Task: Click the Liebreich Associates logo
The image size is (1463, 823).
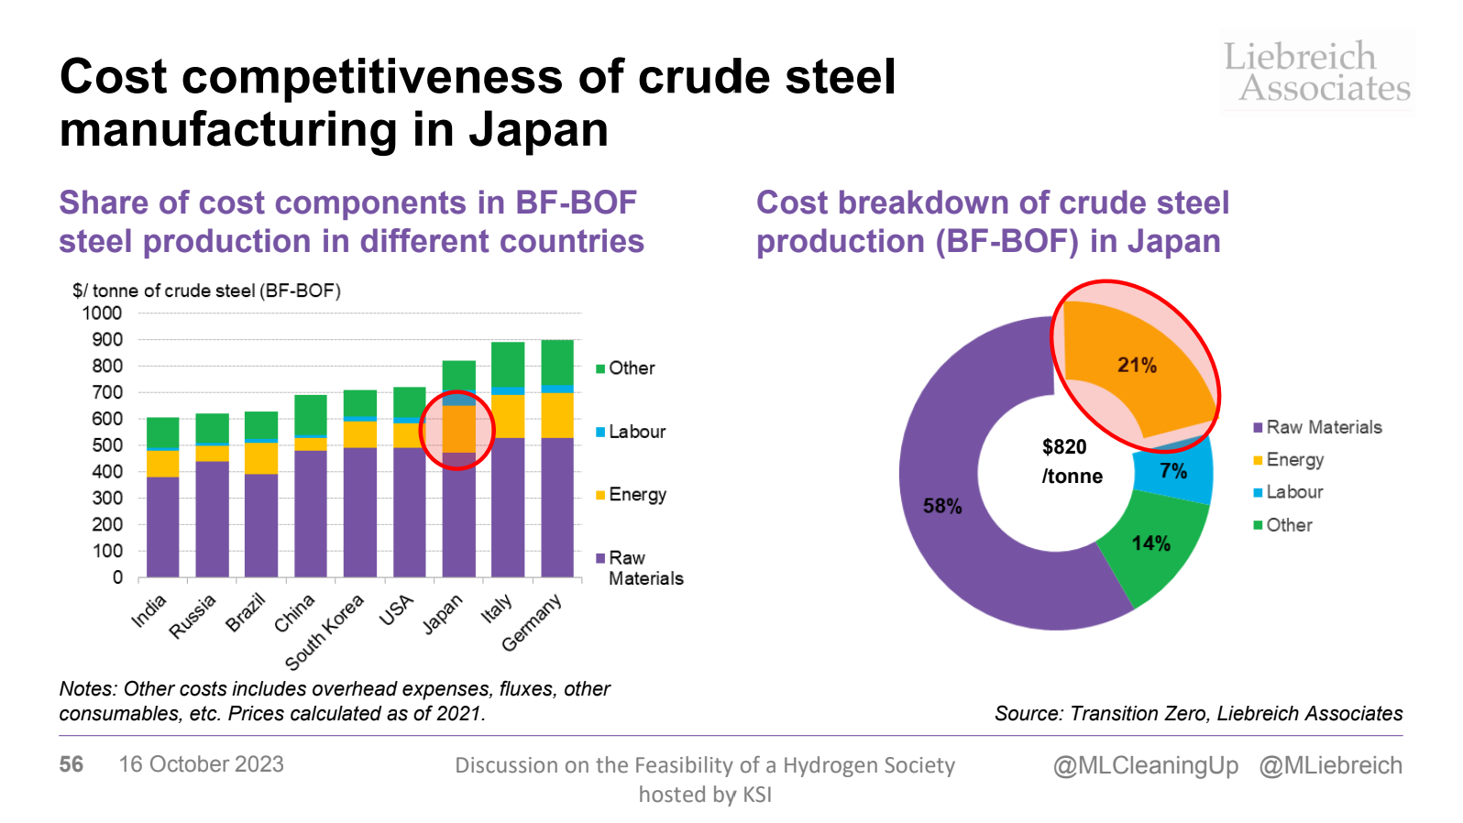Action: tap(1317, 71)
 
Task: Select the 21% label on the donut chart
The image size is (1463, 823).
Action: tap(1137, 365)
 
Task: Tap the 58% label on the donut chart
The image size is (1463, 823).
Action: tap(942, 506)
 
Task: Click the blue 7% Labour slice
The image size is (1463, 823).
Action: tap(1173, 471)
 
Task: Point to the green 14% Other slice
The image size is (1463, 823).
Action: tap(1151, 543)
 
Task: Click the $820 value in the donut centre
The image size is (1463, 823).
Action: tap(1064, 447)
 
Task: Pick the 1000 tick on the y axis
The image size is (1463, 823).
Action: tap(102, 313)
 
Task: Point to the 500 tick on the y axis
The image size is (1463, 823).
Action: tap(105, 445)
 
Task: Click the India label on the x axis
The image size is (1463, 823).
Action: tap(149, 610)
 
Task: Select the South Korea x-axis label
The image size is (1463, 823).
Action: tap(324, 632)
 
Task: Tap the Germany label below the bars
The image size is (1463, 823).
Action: tap(532, 623)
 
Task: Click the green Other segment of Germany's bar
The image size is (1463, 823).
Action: tap(557, 363)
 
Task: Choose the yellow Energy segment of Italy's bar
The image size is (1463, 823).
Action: tap(508, 416)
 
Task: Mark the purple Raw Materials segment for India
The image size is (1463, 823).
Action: tap(163, 527)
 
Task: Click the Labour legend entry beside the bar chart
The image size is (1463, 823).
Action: tap(636, 432)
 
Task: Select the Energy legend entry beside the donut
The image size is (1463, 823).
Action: tap(1294, 460)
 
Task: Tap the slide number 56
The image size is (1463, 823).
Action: tap(71, 764)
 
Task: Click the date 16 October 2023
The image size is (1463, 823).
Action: tap(202, 764)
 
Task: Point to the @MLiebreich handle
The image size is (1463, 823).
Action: tap(1331, 765)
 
